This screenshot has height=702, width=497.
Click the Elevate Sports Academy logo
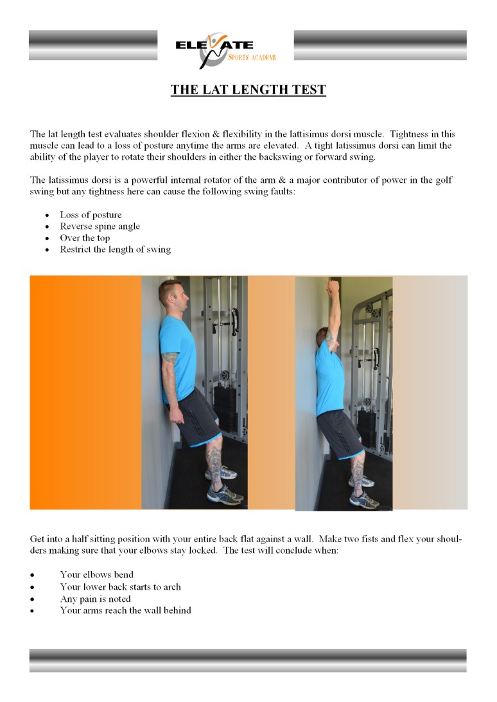point(225,50)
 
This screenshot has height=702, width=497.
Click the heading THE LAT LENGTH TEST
point(248,90)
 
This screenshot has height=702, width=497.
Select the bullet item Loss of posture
point(91,215)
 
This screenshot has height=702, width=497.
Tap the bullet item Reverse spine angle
point(100,227)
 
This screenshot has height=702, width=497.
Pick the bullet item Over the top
point(85,238)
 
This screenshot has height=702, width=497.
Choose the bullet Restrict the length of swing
point(115,250)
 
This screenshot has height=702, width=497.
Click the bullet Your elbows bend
point(96,575)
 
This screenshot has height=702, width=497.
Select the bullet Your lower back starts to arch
point(120,587)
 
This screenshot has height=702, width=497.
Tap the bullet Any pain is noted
point(95,599)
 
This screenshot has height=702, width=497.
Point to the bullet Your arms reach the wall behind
point(125,611)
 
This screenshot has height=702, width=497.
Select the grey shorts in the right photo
point(333,433)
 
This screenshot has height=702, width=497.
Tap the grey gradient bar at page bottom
point(248,660)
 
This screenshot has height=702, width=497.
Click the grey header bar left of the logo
point(93,46)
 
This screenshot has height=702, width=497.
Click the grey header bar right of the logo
point(380,46)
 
